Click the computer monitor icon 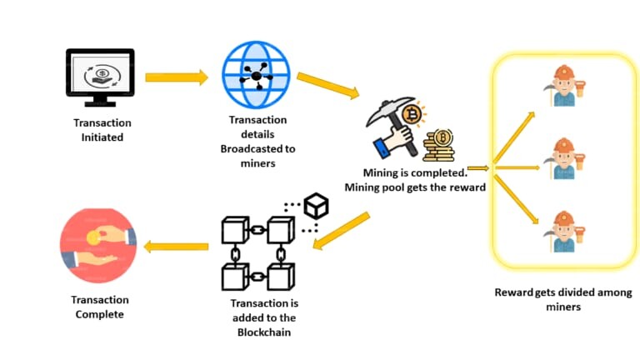pyautogui.click(x=100, y=77)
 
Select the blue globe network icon pyautogui.click(x=256, y=75)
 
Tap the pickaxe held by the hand pyautogui.click(x=392, y=122)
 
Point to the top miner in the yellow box pyautogui.click(x=564, y=86)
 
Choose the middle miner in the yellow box pyautogui.click(x=564, y=159)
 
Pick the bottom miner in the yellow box pyautogui.click(x=564, y=232)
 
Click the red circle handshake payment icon pyautogui.click(x=98, y=246)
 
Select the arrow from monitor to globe pyautogui.click(x=177, y=77)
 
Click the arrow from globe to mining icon pyautogui.click(x=328, y=86)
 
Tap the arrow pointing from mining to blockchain pyautogui.click(x=341, y=231)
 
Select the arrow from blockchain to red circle pyautogui.click(x=177, y=247)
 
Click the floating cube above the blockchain pyautogui.click(x=317, y=206)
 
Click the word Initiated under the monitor pyautogui.click(x=102, y=137)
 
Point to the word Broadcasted pyautogui.click(x=258, y=149)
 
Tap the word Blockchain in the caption pyautogui.click(x=264, y=332)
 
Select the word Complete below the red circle pyautogui.click(x=100, y=315)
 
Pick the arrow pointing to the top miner pyautogui.click(x=514, y=137)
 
